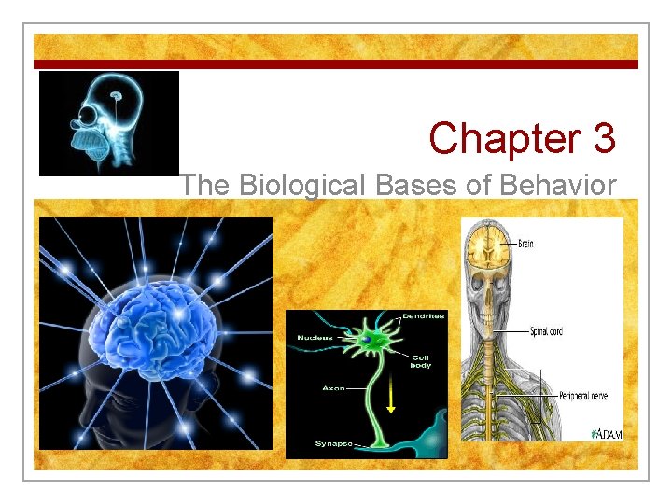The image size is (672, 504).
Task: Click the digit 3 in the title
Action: [602, 139]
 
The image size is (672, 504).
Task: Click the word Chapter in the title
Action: [503, 139]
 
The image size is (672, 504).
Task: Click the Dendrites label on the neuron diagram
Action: [423, 316]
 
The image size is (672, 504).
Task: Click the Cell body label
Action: [422, 360]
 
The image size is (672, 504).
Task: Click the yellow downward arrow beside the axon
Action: [391, 399]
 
